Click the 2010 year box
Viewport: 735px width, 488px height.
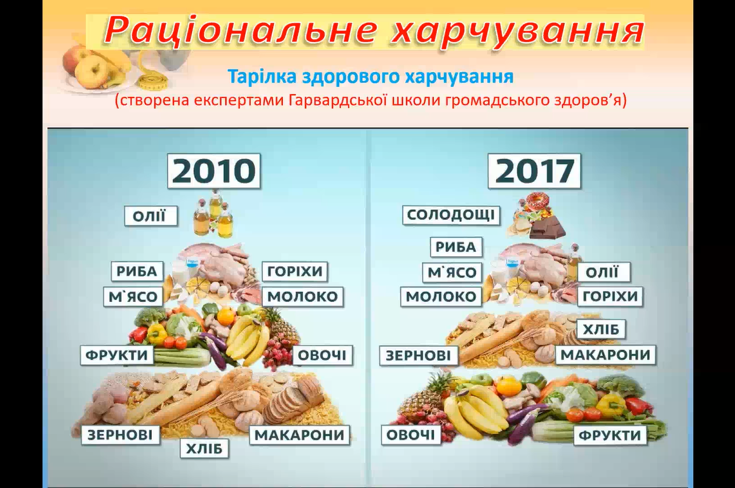(213, 171)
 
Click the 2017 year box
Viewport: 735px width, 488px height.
(534, 171)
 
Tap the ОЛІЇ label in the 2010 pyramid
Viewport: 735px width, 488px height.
(151, 215)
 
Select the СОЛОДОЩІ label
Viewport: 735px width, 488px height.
(451, 215)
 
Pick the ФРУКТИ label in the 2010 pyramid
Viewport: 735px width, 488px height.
(117, 355)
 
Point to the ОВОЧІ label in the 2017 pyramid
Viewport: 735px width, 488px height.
(410, 435)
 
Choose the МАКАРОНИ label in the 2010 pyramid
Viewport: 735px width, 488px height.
(299, 435)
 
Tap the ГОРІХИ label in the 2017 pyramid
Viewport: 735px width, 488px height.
(610, 296)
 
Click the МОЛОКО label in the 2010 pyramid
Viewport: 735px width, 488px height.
(302, 296)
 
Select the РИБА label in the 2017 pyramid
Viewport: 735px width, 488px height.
(456, 247)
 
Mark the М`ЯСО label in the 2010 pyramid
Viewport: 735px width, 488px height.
(133, 296)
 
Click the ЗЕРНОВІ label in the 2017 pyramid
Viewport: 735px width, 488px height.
(418, 355)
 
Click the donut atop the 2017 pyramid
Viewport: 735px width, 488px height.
(537, 201)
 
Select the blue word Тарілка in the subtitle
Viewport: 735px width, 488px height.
(262, 76)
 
